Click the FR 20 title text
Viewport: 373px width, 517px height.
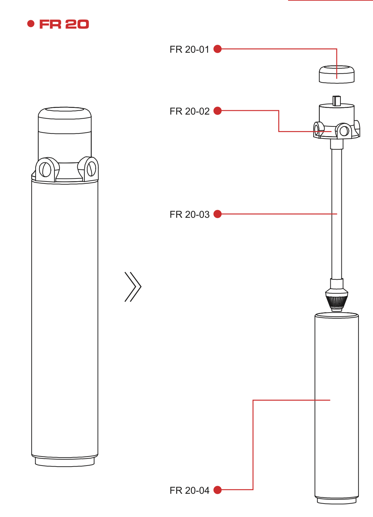tap(64, 24)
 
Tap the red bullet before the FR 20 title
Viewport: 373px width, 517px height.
tap(31, 24)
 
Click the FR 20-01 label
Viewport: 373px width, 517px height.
tap(190, 49)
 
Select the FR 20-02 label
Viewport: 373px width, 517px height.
tap(190, 111)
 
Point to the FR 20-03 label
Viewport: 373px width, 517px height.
tap(190, 214)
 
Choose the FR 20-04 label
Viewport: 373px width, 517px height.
tap(190, 490)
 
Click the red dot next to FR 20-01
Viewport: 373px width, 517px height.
tap(218, 49)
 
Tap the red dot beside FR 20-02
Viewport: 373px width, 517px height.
tap(218, 111)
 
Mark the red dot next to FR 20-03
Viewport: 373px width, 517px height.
tap(218, 214)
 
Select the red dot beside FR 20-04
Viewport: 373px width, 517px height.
tap(218, 490)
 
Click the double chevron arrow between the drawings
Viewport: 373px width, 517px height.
tap(133, 287)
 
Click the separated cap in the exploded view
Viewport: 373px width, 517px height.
tap(336, 74)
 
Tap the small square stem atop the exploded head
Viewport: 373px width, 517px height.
tap(336, 101)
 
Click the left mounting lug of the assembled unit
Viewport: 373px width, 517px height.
tap(45, 169)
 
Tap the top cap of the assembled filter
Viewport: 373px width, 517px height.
tap(65, 114)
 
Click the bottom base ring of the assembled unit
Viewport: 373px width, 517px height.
tap(65, 462)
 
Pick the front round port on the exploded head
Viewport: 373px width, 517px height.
tap(344, 131)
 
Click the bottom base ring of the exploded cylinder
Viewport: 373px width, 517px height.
tap(336, 501)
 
